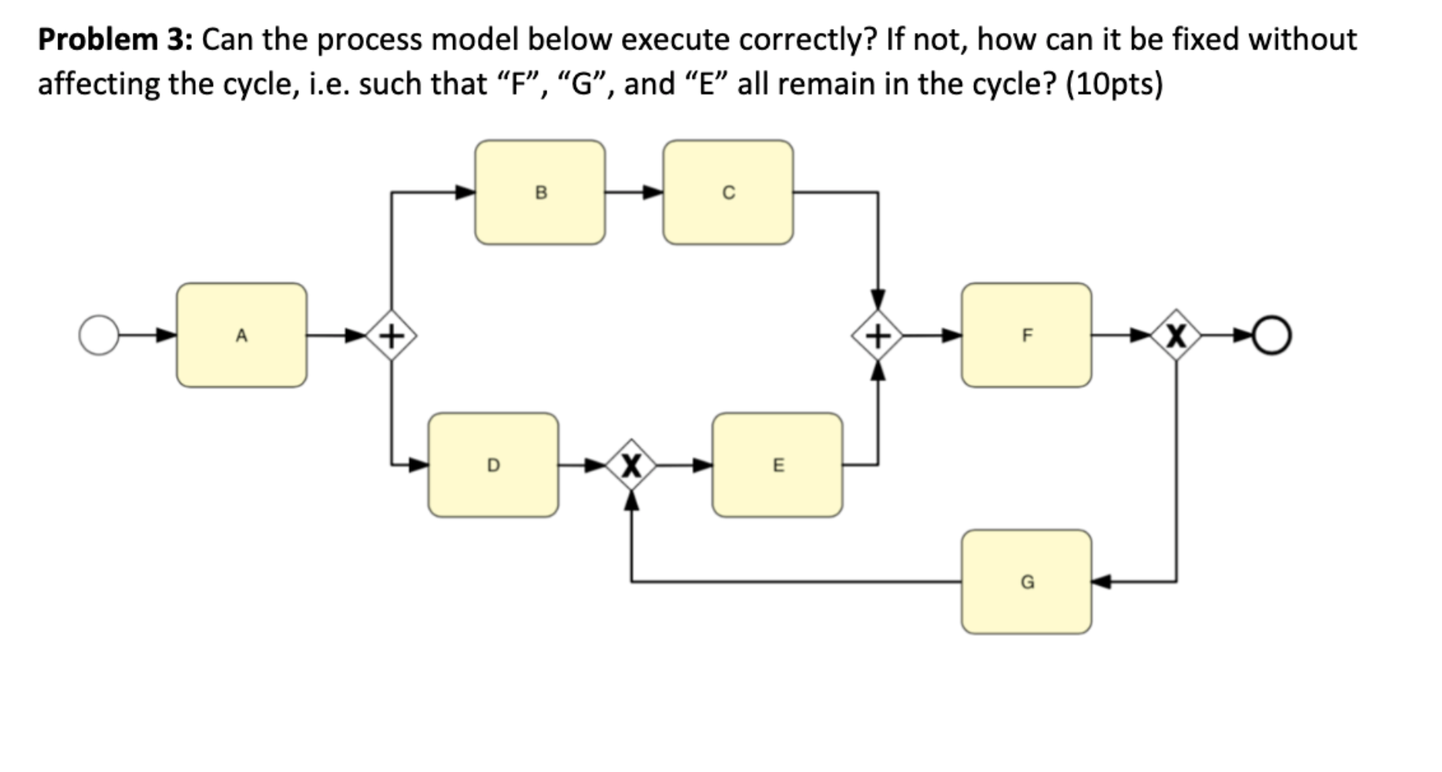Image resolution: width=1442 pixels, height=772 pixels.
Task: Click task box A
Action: click(x=241, y=336)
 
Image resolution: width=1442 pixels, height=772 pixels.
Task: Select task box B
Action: click(x=540, y=193)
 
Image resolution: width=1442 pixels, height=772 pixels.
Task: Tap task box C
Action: click(x=728, y=193)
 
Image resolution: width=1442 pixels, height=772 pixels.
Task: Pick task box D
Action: click(x=493, y=465)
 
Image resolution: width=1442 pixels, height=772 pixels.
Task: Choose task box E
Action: click(x=777, y=465)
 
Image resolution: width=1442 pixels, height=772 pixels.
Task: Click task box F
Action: click(x=1026, y=336)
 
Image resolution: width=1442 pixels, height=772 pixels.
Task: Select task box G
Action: click(x=1026, y=582)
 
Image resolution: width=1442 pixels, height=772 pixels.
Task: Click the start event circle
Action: click(x=98, y=336)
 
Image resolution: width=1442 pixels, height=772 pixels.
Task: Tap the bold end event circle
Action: click(x=1271, y=336)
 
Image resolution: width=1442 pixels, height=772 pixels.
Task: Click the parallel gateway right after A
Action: click(x=392, y=336)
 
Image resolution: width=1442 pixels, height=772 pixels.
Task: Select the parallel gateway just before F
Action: click(x=877, y=336)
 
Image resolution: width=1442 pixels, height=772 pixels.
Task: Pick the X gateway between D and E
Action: click(x=631, y=465)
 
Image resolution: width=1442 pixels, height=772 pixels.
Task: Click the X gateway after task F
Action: click(x=1175, y=336)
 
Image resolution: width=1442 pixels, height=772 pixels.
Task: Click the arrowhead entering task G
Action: click(x=1102, y=582)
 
